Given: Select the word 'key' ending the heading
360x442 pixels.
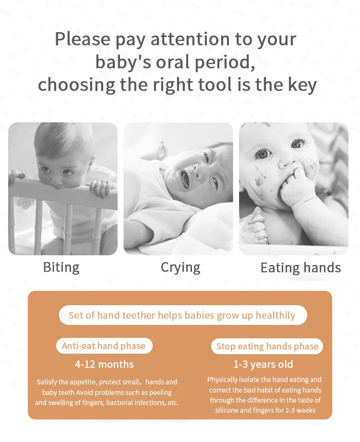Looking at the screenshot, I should coord(301,84).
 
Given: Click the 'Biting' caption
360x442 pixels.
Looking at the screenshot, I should coord(61,267).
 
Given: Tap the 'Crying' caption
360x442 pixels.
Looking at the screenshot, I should coord(180,267).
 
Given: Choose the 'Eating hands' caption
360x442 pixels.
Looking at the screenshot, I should coord(300,267).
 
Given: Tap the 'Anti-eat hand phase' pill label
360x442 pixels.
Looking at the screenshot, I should coord(104,346).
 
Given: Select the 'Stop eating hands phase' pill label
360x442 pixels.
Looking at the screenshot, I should coord(267,346).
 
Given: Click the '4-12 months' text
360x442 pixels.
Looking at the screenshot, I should coord(104,364).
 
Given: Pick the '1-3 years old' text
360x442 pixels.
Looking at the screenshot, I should coord(263,364).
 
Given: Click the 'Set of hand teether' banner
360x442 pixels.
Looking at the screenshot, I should coord(182,315).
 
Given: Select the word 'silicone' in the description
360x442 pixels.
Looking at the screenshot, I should coord(228,410).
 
